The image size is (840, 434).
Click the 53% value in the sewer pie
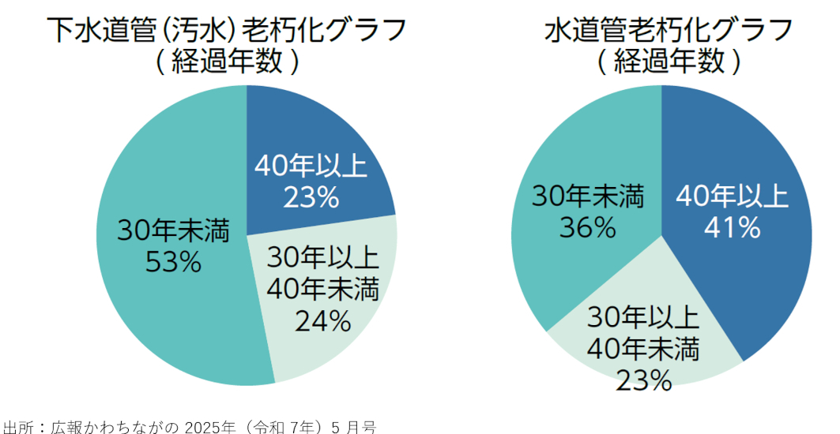[173, 261]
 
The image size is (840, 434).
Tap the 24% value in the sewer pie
[322, 320]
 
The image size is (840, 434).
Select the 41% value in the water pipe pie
[732, 227]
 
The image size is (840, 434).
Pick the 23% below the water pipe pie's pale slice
[643, 380]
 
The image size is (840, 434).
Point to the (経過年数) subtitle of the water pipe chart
[669, 62]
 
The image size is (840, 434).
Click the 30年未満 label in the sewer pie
[173, 232]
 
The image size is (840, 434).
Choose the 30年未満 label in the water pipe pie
[587, 197]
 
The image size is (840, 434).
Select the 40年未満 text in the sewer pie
[322, 290]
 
